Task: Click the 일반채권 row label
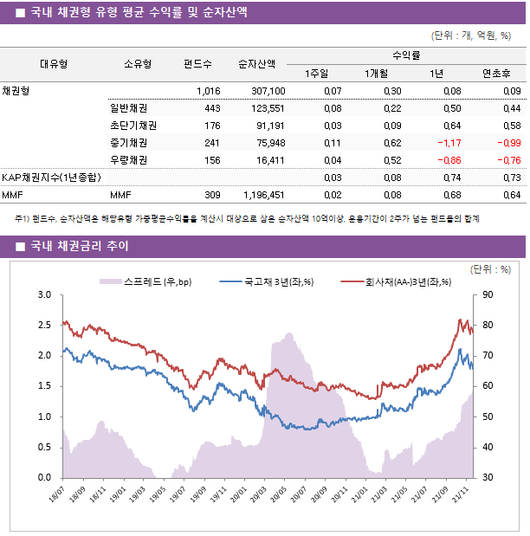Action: tap(127, 108)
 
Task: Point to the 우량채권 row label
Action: tap(127, 160)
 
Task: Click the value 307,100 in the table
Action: tap(268, 91)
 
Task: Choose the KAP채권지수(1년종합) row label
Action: tap(51, 178)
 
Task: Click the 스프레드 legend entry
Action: tap(147, 281)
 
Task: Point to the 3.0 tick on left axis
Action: tap(42, 295)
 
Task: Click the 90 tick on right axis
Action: tap(488, 295)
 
